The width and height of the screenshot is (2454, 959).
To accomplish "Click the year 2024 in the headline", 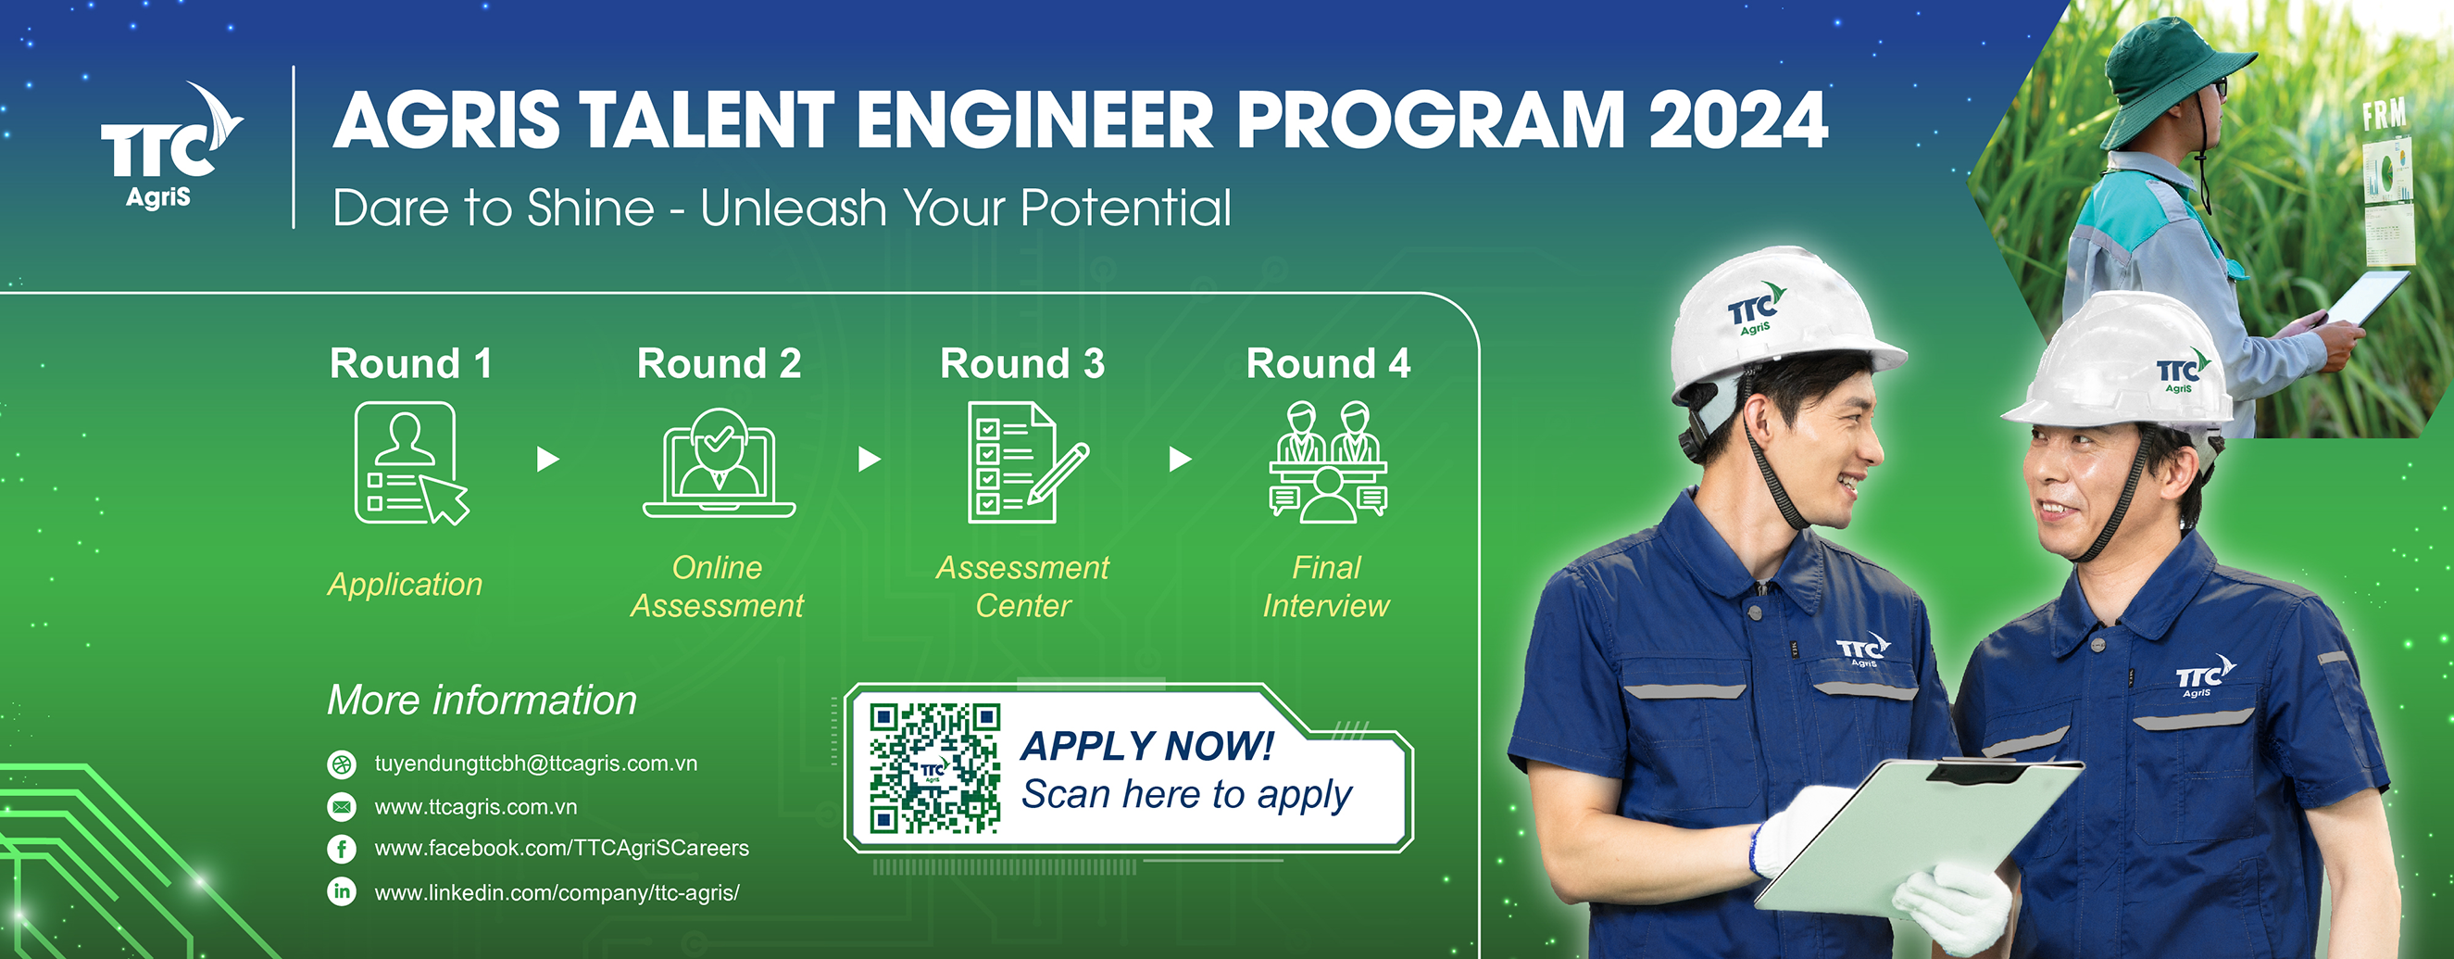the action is pos(1737,120).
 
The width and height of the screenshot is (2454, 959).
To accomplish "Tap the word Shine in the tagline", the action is pos(591,208).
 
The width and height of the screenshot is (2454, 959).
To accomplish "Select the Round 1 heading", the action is pos(410,363).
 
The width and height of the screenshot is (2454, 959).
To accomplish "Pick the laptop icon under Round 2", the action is pos(720,463).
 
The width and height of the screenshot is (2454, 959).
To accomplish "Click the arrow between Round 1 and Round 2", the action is pos(548,460).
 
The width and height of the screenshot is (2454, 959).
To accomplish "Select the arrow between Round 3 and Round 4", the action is pos(1181,460).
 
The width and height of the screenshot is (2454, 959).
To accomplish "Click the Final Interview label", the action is pos(1326,587).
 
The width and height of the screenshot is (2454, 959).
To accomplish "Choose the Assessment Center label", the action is pos(1023,587).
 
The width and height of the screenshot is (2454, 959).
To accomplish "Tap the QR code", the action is pos(934,768).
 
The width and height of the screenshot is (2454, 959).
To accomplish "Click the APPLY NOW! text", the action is pos(1147,746).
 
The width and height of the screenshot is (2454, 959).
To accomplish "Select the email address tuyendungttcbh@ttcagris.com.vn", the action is pos(535,763).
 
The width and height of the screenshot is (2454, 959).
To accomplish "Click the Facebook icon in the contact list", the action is pos(341,849).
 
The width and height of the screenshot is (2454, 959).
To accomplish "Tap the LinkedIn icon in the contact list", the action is pos(341,891).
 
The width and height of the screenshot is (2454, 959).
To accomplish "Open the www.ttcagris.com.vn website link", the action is pos(475,807).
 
